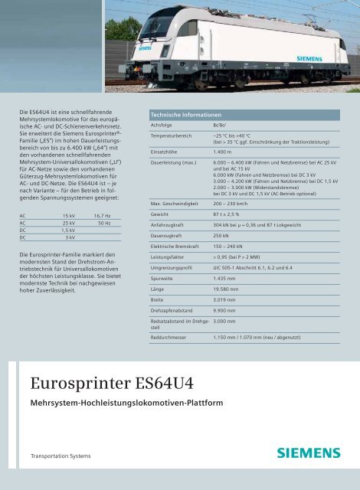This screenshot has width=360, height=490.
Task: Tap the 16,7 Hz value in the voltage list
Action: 102,217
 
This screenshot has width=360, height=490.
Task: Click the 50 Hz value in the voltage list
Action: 104,223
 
